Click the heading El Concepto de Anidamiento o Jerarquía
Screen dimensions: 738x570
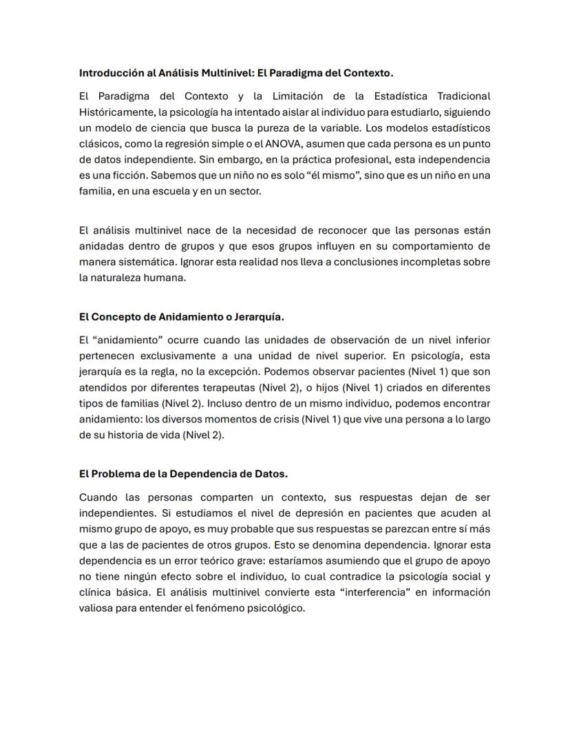click(182, 317)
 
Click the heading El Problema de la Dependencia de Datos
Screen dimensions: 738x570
click(183, 474)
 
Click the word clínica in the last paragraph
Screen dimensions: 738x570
click(95, 592)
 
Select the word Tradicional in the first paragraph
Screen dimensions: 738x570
click(461, 96)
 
